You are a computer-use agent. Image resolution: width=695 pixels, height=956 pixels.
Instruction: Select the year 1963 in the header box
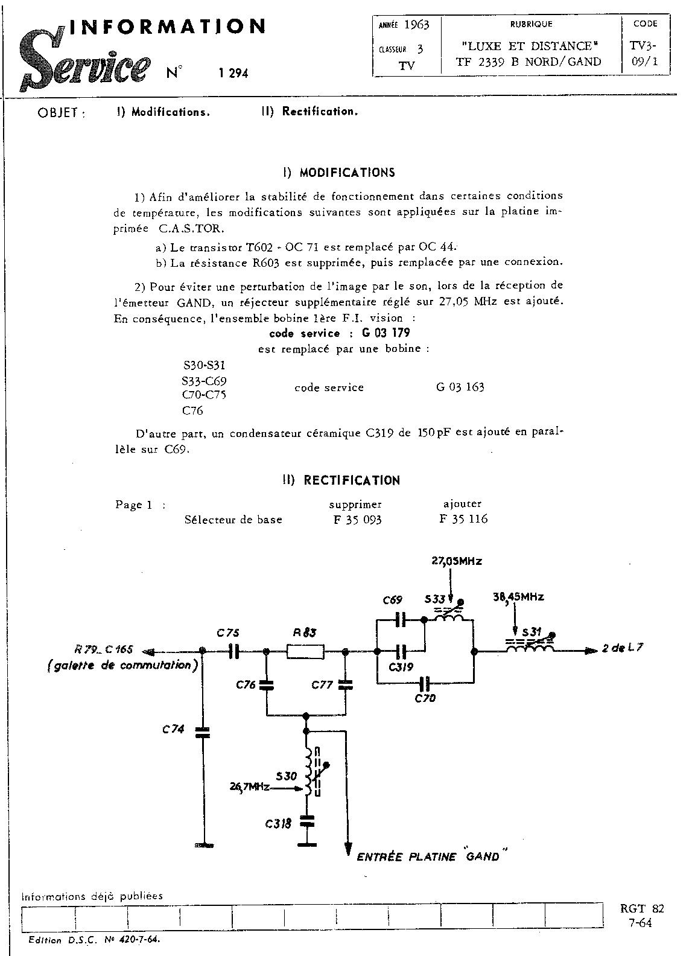416,25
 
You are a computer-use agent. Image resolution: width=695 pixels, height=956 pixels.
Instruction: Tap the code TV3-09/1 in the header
645,53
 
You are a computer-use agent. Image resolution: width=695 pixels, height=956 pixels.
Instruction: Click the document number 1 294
233,74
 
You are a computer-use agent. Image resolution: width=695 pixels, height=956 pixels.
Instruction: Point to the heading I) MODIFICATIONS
338,173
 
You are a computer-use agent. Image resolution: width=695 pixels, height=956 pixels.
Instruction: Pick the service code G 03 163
460,387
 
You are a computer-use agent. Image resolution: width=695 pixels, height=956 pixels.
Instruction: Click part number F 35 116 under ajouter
463,519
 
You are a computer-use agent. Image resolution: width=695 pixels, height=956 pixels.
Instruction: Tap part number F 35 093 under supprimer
357,519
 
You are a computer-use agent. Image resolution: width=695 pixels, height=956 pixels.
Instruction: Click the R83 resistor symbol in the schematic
305,651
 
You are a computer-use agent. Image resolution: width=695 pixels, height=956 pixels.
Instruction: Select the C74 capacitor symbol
203,732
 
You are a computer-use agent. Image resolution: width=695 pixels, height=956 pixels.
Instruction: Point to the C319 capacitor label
401,667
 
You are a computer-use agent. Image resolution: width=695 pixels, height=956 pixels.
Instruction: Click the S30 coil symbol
309,773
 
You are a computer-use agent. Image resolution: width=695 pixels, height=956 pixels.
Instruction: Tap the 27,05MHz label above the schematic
457,561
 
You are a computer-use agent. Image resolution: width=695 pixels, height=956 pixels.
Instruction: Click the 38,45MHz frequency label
518,597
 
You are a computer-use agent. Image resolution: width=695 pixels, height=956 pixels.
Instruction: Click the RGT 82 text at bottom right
642,909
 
